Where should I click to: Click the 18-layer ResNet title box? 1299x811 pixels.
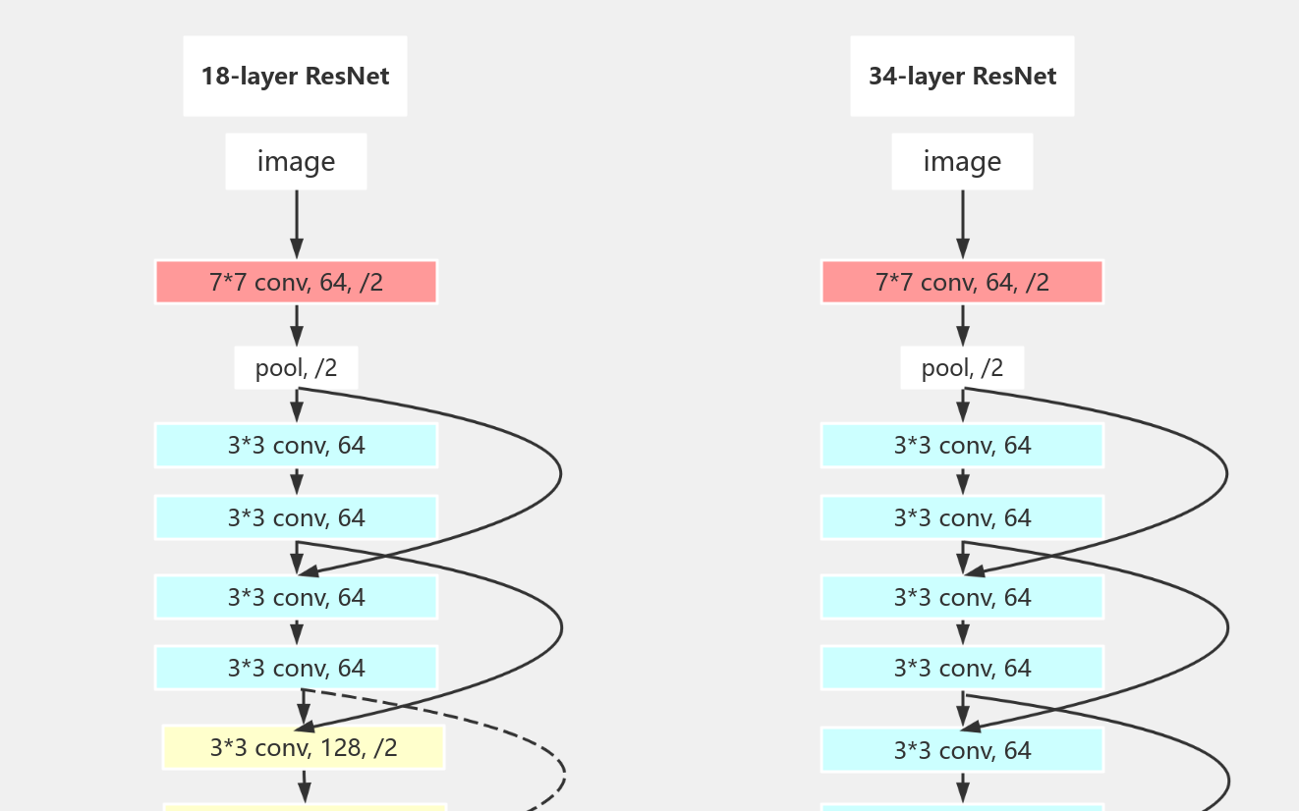pyautogui.click(x=295, y=77)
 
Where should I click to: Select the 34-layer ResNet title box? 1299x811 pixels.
pyautogui.click(x=962, y=77)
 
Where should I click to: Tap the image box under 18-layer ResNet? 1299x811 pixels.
pyautogui.click(x=296, y=162)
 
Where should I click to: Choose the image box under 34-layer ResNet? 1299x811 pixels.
pyautogui.click(x=962, y=162)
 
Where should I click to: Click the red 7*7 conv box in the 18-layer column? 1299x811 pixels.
pyautogui.click(x=296, y=283)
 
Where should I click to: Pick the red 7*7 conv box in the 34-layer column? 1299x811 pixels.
pyautogui.click(x=962, y=283)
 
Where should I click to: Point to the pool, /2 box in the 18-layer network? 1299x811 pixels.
pyautogui.click(x=296, y=368)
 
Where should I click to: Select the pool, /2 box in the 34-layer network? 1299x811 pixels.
pyautogui.click(x=962, y=368)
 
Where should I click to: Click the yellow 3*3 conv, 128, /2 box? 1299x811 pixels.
pyautogui.click(x=304, y=748)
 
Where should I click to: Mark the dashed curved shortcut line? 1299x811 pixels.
pyautogui.click(x=563, y=776)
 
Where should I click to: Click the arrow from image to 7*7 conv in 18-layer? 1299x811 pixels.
pyautogui.click(x=297, y=224)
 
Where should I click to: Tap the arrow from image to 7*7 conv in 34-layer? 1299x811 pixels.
pyautogui.click(x=963, y=224)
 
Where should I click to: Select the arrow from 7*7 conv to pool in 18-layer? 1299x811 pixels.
pyautogui.click(x=297, y=324)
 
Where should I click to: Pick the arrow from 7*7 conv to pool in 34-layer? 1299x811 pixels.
pyautogui.click(x=963, y=324)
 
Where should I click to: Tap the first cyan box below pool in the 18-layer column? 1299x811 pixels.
pyautogui.click(x=296, y=446)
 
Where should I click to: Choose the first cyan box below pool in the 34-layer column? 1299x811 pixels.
pyautogui.click(x=962, y=446)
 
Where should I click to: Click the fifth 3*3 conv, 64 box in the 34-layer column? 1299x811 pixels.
pyautogui.click(x=962, y=751)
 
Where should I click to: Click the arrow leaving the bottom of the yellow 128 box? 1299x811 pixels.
pyautogui.click(x=304, y=786)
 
